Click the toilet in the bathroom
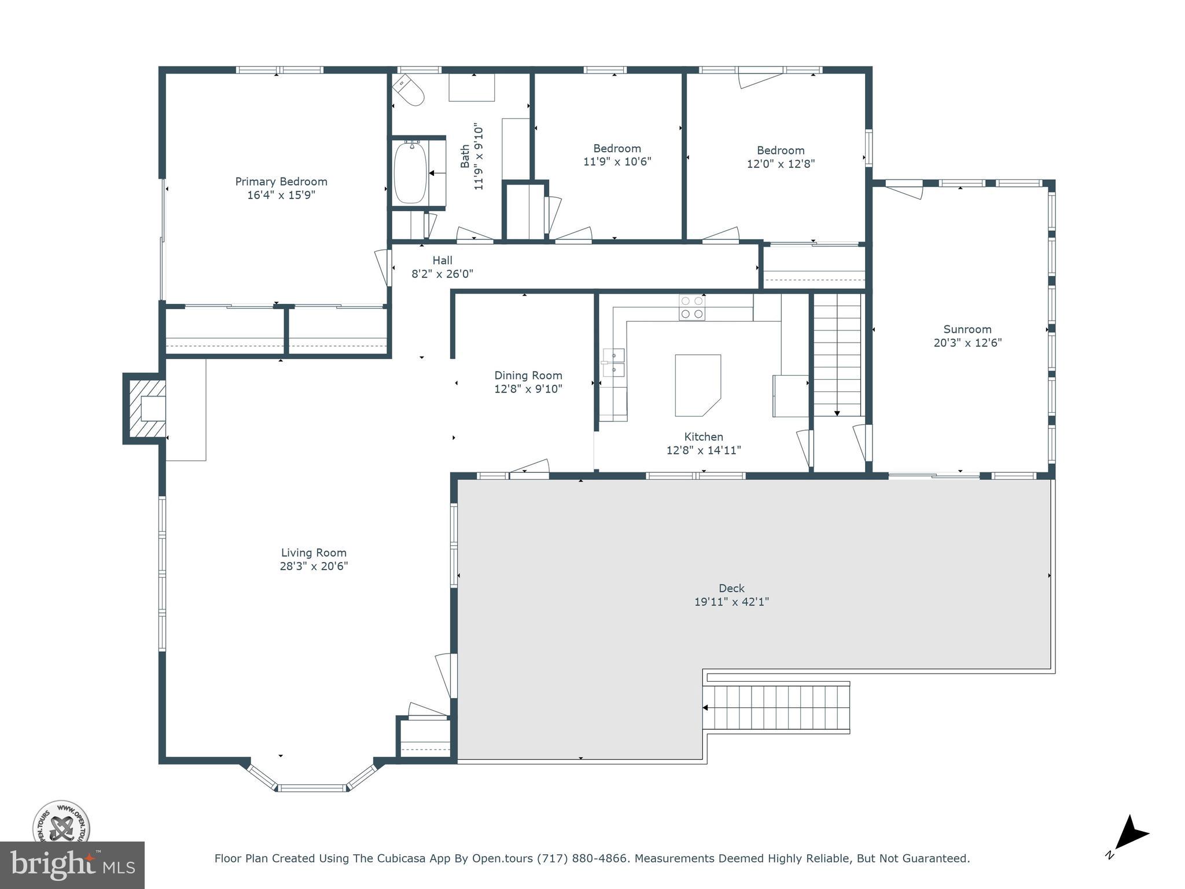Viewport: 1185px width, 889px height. (409, 90)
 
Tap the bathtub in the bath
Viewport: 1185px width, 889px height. (410, 172)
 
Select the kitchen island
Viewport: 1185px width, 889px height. (697, 385)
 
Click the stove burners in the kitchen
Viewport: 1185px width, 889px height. (692, 307)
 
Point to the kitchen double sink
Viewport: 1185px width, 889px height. (613, 362)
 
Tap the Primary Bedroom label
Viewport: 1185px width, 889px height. (281, 182)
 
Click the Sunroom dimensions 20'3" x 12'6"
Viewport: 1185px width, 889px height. (967, 343)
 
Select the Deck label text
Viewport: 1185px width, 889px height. (731, 588)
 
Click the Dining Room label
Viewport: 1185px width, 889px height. (528, 376)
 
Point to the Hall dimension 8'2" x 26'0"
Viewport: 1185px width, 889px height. (442, 274)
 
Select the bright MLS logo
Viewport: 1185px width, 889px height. (72, 865)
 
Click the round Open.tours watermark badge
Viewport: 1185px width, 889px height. (61, 821)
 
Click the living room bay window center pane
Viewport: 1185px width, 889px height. (312, 788)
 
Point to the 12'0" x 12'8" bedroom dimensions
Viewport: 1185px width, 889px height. (781, 164)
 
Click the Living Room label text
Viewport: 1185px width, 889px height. (314, 553)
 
